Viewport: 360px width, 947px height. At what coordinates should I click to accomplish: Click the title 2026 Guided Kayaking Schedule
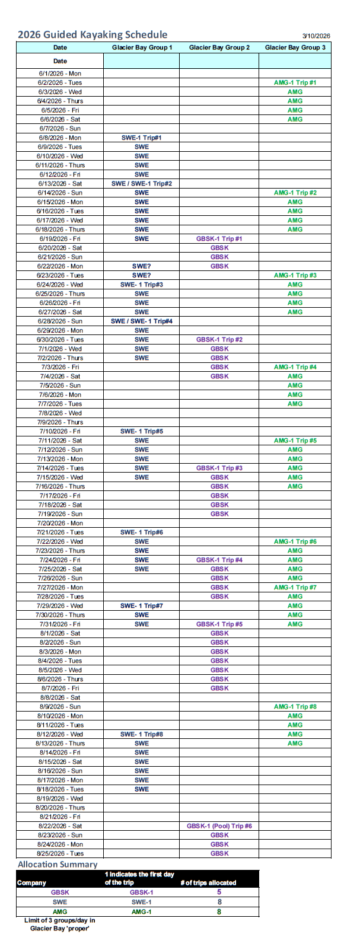pos(93,34)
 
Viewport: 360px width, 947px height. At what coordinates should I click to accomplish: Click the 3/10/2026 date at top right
pos(316,36)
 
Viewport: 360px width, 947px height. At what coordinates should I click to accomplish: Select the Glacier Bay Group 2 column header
pos(219,47)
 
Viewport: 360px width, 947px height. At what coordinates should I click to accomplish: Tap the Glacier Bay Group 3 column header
pos(295,47)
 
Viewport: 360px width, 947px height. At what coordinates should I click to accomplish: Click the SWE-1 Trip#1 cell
pos(141,138)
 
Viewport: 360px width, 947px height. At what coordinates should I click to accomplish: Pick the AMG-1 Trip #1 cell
pos(295,82)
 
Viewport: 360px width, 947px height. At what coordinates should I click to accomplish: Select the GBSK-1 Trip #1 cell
pos(219,238)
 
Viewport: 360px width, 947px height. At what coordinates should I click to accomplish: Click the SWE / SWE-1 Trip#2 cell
pos(141,183)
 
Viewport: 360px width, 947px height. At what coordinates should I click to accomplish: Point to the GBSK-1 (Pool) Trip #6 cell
pos(219,826)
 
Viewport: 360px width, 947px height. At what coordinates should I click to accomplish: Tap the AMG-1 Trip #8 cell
pos(295,707)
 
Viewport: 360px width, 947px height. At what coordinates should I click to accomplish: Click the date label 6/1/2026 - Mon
pos(60,74)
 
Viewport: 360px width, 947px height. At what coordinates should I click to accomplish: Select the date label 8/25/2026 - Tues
pos(60,853)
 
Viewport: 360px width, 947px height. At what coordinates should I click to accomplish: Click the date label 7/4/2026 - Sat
pos(60,376)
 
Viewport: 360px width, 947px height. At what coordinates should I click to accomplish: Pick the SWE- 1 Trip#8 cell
pos(141,734)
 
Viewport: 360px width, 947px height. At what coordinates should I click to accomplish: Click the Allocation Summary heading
pos(58,865)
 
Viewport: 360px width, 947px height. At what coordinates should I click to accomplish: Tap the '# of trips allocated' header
pos(208,882)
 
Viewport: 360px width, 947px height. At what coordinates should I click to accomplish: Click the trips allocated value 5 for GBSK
pos(219,892)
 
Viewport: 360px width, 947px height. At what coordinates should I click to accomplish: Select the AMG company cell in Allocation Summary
pos(59,911)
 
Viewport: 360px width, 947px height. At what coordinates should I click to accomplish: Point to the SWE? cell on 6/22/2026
pos(141,266)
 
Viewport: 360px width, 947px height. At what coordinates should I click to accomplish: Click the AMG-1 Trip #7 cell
pos(295,587)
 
